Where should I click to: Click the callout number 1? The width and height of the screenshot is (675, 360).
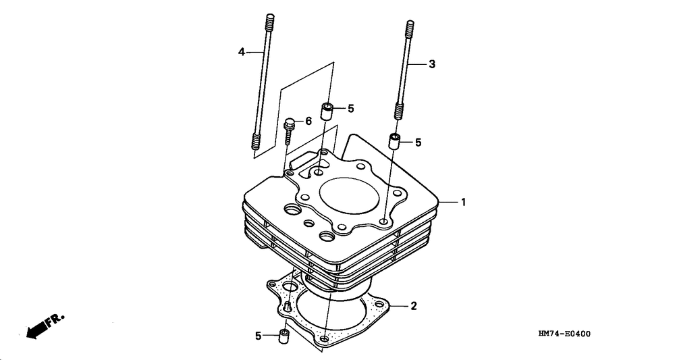464,201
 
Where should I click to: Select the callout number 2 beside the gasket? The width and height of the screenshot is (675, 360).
414,306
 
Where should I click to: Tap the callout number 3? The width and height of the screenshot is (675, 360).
432,64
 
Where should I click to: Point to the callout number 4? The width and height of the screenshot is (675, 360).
241,51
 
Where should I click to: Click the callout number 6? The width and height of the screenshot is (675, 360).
308,121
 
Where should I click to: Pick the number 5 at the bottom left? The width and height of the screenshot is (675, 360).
258,335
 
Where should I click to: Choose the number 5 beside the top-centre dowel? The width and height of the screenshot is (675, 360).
350,108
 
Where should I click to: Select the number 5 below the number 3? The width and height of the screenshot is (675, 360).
418,143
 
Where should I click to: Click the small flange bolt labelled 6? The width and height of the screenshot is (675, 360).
290,131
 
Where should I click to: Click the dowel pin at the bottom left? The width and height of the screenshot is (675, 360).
284,336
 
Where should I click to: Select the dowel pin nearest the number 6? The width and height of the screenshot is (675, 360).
327,112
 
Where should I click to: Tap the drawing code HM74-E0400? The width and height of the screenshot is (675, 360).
568,334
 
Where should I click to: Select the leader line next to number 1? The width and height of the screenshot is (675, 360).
448,201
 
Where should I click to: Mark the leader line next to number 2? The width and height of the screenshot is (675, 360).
400,307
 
